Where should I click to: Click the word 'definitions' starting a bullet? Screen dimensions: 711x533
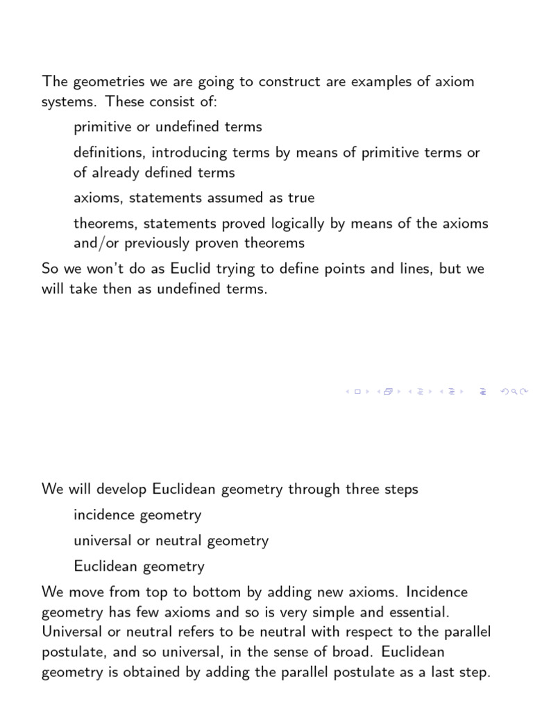(x=109, y=153)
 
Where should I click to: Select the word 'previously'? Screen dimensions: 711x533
(x=156, y=243)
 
